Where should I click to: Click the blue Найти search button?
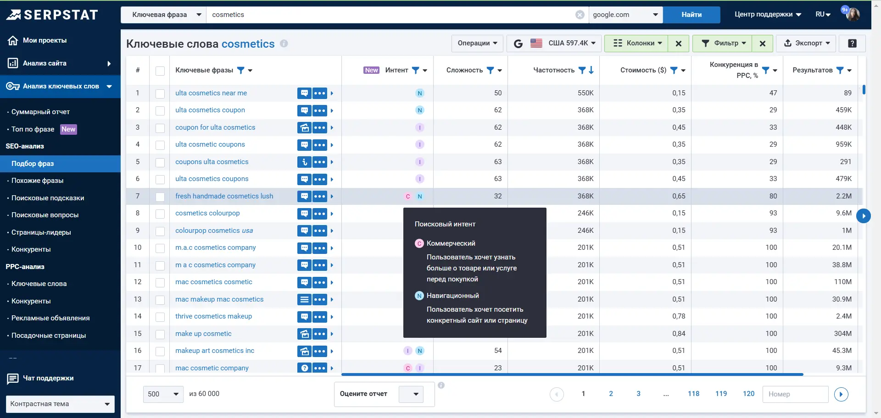tap(691, 15)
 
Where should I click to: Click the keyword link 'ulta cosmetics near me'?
tap(211, 93)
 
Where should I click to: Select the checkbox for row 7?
tap(160, 197)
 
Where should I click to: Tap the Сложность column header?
tap(464, 70)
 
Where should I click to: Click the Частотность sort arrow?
tap(591, 70)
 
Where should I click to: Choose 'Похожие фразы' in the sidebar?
tap(38, 181)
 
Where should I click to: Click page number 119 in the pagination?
tap(721, 394)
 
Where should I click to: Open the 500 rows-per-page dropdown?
tap(163, 394)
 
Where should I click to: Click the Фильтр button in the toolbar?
tap(722, 43)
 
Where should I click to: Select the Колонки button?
tap(636, 43)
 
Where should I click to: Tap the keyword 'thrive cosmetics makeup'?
tap(213, 316)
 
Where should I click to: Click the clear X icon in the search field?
tap(580, 15)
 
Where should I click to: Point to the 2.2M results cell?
tap(843, 196)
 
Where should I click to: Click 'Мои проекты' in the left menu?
tap(45, 40)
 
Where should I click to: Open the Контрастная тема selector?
tap(60, 404)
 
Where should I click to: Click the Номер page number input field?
tap(795, 394)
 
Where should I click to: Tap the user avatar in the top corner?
tap(853, 14)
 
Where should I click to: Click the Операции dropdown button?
tap(477, 43)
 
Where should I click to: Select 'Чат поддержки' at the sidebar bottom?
tap(48, 378)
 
